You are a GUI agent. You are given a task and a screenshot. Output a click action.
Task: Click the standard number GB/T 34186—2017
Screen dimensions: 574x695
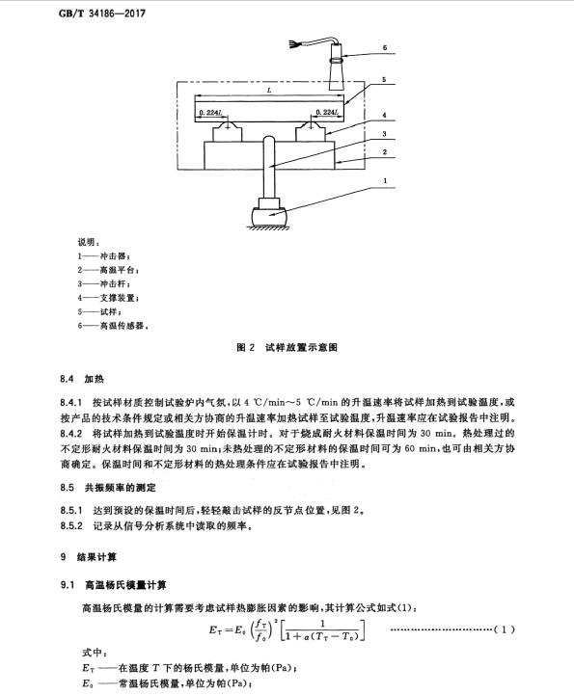[x=102, y=13]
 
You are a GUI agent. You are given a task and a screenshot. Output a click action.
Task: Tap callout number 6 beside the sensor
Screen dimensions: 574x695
[x=385, y=47]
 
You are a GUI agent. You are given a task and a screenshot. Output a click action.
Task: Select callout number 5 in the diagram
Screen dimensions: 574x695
[x=384, y=80]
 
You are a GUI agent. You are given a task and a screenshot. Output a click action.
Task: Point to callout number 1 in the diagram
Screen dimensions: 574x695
[x=385, y=180]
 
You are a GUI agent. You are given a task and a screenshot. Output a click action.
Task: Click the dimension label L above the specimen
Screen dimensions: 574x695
[x=269, y=91]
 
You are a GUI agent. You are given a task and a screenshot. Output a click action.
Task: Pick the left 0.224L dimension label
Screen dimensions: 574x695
[x=210, y=113]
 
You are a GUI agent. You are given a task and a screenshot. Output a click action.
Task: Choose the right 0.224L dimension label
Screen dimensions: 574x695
[x=327, y=112]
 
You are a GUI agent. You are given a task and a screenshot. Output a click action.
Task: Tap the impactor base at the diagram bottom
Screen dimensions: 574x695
[x=270, y=217]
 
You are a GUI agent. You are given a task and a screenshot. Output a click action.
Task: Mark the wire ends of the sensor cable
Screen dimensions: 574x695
[x=292, y=44]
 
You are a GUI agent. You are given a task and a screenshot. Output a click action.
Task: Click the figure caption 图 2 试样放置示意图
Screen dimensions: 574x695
[x=287, y=347]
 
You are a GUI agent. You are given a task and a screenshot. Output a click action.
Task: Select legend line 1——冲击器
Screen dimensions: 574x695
[x=104, y=256]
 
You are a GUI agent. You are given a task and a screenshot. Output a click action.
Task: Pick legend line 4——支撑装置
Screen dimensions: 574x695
[x=109, y=298]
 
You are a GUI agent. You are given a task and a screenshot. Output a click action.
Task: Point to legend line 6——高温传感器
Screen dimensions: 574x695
[x=113, y=326]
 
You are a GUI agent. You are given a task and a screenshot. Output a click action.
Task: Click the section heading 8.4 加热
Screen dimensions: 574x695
[x=82, y=379]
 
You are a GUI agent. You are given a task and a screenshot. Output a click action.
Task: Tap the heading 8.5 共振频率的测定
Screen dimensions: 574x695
[x=108, y=488]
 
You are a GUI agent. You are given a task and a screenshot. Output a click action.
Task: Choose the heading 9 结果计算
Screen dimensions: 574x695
[x=89, y=557]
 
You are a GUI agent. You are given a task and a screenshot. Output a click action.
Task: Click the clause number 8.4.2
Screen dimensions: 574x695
[x=71, y=434]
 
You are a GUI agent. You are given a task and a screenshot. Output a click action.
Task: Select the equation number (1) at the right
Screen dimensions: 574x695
[x=504, y=629]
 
